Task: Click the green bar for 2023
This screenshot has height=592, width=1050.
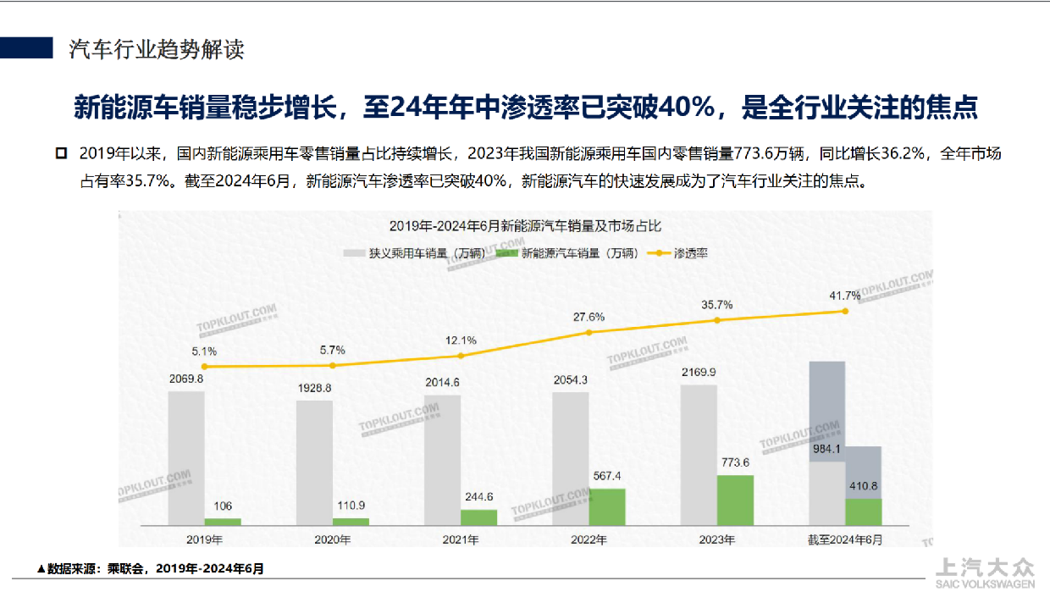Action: point(735,501)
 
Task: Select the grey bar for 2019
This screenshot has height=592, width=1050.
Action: point(186,458)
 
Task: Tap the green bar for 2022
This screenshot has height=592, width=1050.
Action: point(607,507)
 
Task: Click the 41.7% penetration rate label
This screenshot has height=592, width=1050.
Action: point(844,296)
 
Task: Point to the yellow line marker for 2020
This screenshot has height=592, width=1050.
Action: point(333,366)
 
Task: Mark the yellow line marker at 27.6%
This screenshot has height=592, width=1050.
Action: point(589,333)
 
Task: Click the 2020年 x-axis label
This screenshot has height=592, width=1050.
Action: point(333,539)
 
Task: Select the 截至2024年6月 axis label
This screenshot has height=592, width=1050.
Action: point(845,539)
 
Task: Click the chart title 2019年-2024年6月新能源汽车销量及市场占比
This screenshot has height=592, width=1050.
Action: point(524,226)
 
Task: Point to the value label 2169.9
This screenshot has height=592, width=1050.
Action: point(699,372)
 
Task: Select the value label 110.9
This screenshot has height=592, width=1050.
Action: point(351,505)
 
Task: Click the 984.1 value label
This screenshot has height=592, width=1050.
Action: point(827,449)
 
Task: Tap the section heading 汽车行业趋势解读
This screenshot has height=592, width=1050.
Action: point(157,49)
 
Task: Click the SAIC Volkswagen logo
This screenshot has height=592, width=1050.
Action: point(984,573)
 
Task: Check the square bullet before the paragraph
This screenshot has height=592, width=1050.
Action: point(60,153)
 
